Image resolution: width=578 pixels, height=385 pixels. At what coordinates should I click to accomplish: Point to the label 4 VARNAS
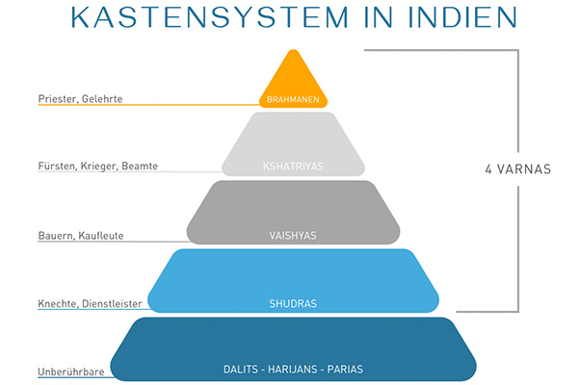[x=517, y=169]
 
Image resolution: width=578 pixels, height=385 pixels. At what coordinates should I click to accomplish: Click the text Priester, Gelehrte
[x=81, y=98]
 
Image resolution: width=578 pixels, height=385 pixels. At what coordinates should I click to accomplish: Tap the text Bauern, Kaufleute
[x=82, y=235]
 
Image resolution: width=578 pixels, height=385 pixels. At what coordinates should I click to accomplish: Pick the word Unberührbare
[x=71, y=369]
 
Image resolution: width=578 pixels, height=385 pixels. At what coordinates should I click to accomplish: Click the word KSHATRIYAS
[x=294, y=166]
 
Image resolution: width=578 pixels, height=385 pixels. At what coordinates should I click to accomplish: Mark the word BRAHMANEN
[x=294, y=99]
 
